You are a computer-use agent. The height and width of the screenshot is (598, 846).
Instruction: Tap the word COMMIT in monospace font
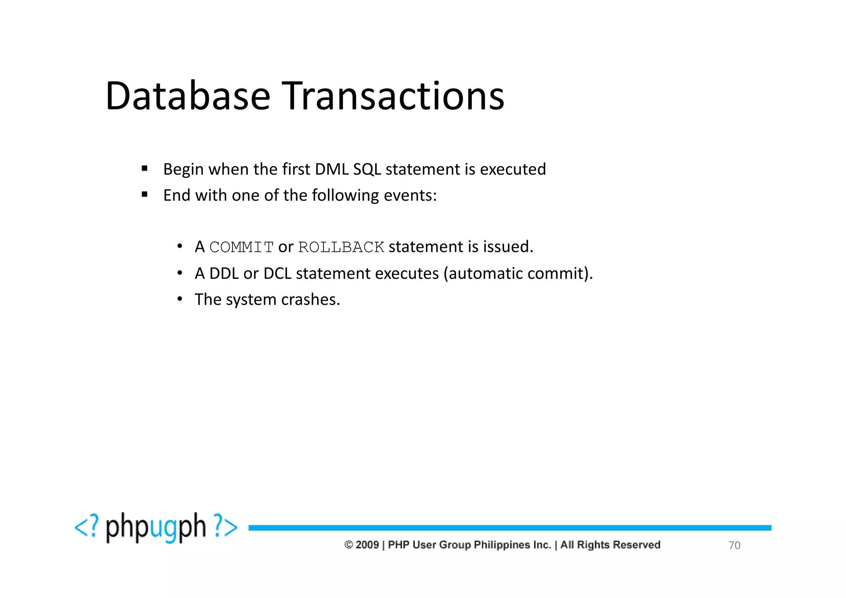[x=241, y=247]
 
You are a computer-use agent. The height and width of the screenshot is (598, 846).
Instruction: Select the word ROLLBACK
[x=341, y=247]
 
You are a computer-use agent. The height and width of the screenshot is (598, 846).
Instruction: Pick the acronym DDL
[x=224, y=273]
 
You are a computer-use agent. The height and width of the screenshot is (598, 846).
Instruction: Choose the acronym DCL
[x=277, y=273]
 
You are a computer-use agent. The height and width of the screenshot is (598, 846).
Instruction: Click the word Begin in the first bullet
[x=183, y=170]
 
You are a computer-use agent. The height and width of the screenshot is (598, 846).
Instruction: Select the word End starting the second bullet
[x=177, y=195]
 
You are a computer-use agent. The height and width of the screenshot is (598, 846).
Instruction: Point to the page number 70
[x=734, y=545]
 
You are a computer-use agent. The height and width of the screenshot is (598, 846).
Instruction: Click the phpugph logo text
[x=156, y=527]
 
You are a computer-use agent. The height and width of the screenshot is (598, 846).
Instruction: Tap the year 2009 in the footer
[x=367, y=545]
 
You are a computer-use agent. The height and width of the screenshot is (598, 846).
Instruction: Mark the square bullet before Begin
[x=144, y=168]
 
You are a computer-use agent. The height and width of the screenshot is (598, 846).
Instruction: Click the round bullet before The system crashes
[x=180, y=299]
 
